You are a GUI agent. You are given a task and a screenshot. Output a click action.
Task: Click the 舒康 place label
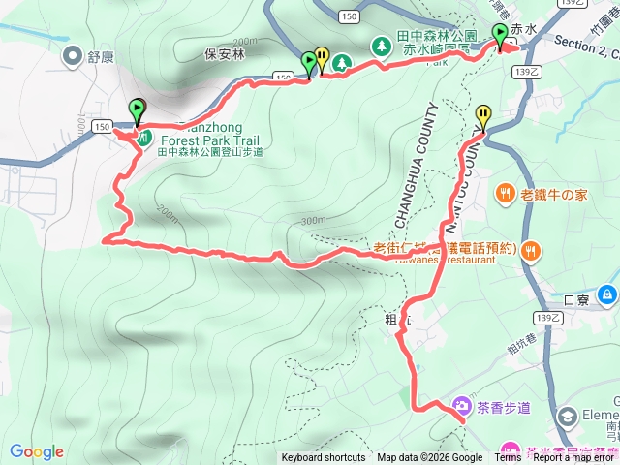pyautogui.click(x=100, y=56)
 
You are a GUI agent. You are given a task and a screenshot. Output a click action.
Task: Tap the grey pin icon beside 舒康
pyautogui.click(x=73, y=56)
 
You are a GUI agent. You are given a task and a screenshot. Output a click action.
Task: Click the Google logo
pyautogui.click(x=37, y=451)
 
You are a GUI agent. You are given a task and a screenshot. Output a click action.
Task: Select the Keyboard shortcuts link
pyautogui.click(x=324, y=458)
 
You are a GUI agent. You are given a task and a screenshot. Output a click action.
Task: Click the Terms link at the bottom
pyautogui.click(x=508, y=458)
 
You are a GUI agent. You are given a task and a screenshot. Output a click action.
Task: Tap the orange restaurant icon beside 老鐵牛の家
pyautogui.click(x=505, y=194)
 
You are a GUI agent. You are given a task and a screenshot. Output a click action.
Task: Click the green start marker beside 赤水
pyautogui.click(x=499, y=36)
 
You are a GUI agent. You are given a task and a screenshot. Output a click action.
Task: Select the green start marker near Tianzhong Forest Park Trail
pyautogui.click(x=137, y=110)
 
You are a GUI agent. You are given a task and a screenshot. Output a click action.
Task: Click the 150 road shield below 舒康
pyautogui.click(x=102, y=126)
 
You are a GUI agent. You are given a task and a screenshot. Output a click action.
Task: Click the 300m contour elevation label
pyautogui.click(x=313, y=221)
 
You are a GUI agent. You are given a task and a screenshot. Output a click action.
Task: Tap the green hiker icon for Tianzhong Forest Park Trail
pyautogui.click(x=142, y=139)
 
